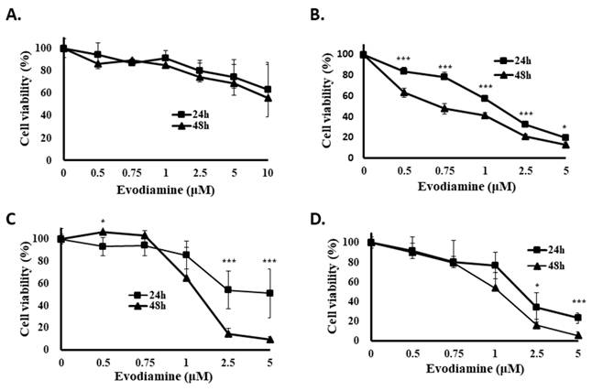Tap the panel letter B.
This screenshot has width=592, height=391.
tap(316, 15)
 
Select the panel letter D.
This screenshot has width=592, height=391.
tap(317, 220)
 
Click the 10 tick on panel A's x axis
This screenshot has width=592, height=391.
tap(268, 173)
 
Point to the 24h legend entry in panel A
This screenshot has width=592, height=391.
tap(191, 114)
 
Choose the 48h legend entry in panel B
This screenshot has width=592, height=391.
tap(512, 75)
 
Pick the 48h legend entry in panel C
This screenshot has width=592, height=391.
tap(148, 305)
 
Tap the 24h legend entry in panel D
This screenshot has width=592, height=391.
tap(546, 250)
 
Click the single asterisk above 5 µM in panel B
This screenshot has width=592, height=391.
tap(565, 126)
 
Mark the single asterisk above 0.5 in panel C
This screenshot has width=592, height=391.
tap(103, 222)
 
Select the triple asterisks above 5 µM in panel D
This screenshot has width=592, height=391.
tap(578, 301)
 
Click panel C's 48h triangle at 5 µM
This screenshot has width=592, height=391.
tap(270, 340)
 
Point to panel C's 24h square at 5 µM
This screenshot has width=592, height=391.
tap(270, 293)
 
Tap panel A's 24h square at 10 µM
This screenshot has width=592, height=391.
tap(268, 90)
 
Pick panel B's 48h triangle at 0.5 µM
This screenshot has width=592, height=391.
tap(404, 92)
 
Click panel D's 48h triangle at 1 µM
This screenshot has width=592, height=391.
tap(496, 288)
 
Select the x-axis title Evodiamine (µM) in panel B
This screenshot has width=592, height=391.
tap(466, 187)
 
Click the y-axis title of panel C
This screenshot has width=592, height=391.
tap(26, 287)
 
